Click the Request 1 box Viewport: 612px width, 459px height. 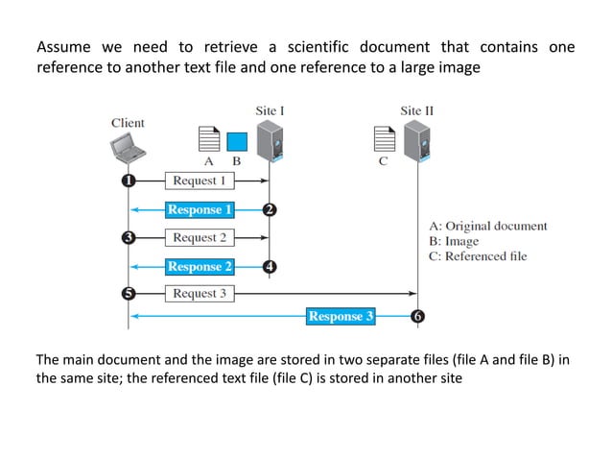200,181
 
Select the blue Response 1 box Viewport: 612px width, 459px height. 200,209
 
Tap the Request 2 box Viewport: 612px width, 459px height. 200,237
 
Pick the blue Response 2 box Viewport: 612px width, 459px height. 200,266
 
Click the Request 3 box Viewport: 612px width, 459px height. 200,294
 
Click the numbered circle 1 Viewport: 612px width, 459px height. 128,181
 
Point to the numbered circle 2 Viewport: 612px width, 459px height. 271,209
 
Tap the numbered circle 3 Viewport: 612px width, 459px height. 128,237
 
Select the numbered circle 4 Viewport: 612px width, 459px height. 271,266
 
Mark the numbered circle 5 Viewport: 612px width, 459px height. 128,294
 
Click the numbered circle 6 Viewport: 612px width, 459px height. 416,316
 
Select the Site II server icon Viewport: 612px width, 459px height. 414,140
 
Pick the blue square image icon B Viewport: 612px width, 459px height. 236,142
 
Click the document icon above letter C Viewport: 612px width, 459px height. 383,140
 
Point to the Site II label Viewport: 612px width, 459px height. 416,110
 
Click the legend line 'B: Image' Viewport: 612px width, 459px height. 453,241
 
